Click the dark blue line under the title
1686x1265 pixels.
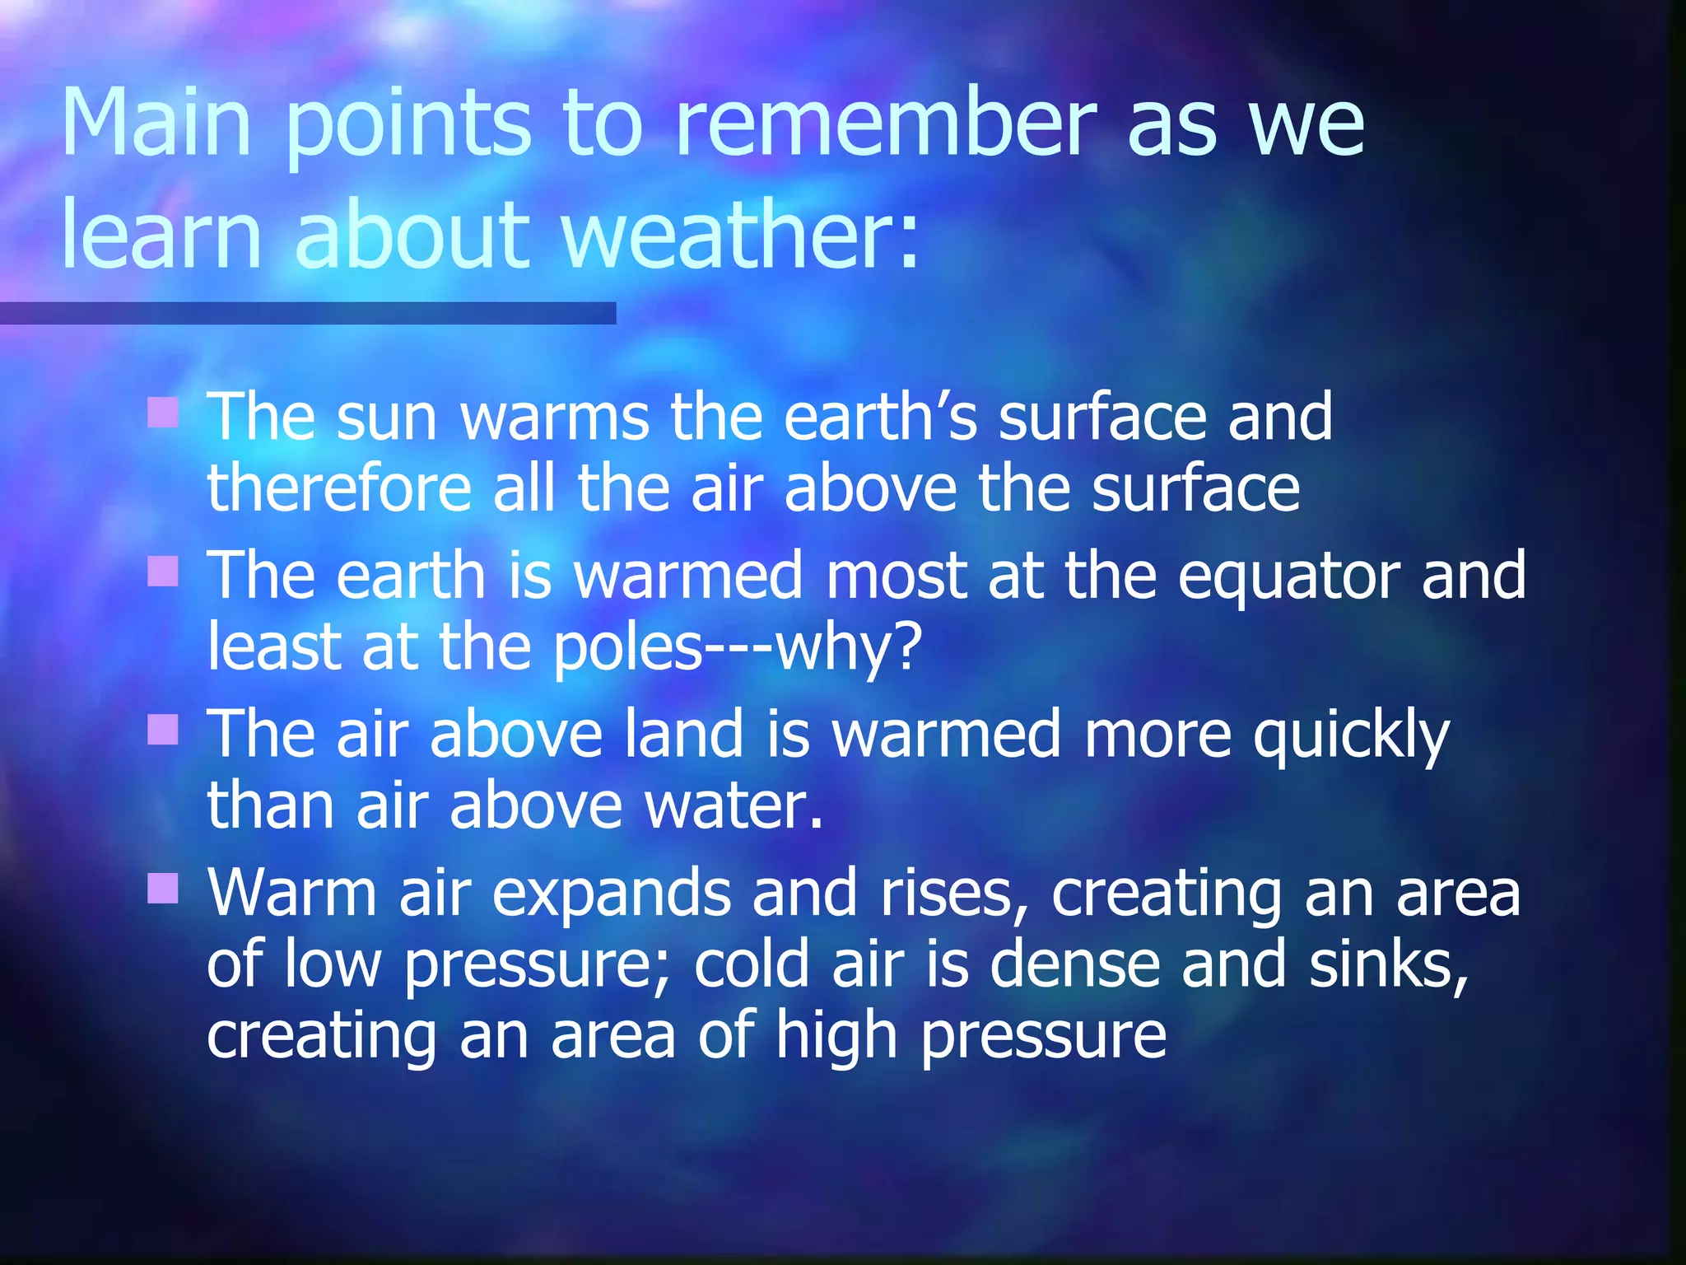[308, 313]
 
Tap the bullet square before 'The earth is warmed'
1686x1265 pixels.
[163, 571]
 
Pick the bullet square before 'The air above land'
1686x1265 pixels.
[163, 729]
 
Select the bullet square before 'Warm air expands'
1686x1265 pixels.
[163, 888]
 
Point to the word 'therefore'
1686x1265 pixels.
[338, 489]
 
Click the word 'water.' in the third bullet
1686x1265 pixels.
[733, 805]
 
